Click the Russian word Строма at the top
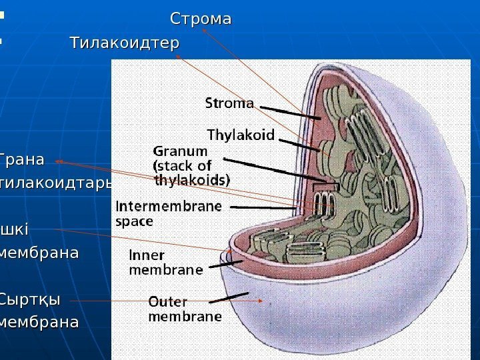[x=201, y=19]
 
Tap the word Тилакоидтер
[x=125, y=43]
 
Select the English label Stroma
[x=229, y=103]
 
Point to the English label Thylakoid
[x=241, y=135]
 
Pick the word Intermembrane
[x=169, y=207]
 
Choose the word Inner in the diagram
[x=146, y=256]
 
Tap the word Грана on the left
[x=23, y=160]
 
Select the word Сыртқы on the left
[x=29, y=299]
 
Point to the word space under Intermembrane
[x=135, y=221]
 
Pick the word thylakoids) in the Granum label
[x=192, y=179]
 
